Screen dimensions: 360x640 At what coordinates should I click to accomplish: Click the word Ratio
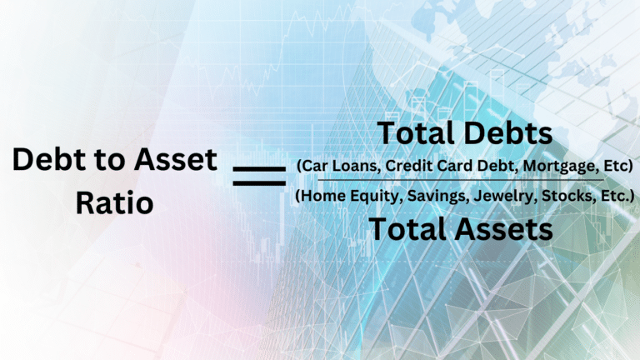115,202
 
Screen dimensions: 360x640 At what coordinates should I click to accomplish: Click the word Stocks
568,196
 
